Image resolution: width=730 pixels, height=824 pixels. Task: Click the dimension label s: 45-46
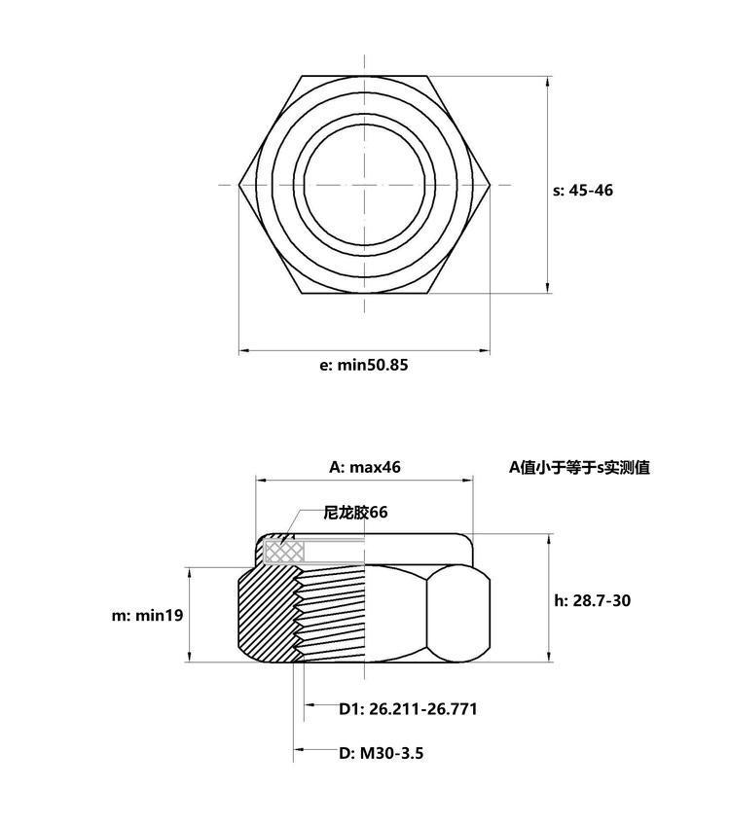(583, 191)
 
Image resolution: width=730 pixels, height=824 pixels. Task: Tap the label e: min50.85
(364, 365)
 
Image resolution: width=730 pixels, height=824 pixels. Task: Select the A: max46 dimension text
(365, 467)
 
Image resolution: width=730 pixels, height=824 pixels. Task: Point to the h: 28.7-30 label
(592, 600)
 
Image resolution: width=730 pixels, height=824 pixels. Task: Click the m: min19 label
(147, 616)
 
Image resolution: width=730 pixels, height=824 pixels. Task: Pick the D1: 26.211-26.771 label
(408, 709)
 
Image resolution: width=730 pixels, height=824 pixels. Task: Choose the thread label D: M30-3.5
(382, 753)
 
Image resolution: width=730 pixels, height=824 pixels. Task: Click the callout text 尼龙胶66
(355, 512)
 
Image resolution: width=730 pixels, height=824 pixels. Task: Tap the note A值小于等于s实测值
(579, 467)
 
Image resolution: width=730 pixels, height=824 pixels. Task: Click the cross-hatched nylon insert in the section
(284, 551)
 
